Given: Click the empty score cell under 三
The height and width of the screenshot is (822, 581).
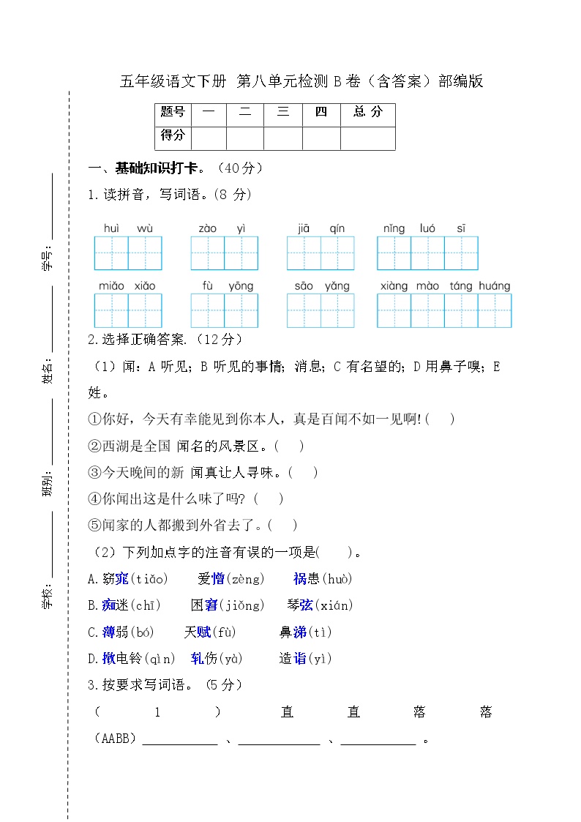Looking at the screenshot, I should [x=283, y=138].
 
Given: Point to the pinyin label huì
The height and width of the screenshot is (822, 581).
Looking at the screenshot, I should [x=111, y=228].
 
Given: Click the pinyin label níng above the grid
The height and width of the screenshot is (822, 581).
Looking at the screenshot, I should [x=394, y=228].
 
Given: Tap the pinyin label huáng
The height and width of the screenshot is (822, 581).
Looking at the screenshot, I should [x=495, y=285].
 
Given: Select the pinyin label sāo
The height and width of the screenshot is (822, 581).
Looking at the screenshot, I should [x=304, y=285].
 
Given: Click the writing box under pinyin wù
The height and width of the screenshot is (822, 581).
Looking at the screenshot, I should [x=145, y=253].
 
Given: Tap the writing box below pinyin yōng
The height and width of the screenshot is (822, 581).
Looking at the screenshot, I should [x=241, y=310].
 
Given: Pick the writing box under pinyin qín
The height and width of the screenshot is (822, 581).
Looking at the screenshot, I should [x=337, y=253].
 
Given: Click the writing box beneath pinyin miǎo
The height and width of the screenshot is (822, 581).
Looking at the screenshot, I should [x=111, y=310].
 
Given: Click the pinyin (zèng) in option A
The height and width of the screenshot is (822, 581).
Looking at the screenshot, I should [x=246, y=579].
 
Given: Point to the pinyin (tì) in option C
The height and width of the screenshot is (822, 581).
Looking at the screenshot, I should [x=320, y=632].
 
